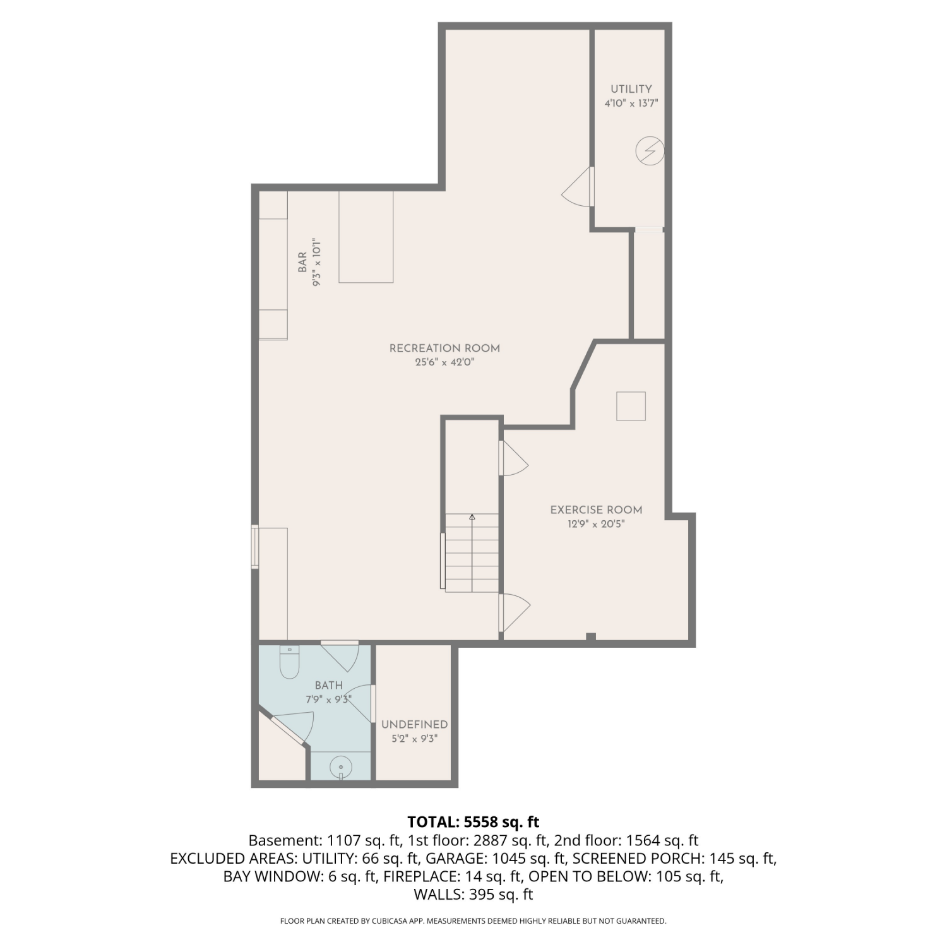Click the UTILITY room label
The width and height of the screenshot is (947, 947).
pyautogui.click(x=631, y=89)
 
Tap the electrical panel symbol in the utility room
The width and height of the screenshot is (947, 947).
pyautogui.click(x=650, y=151)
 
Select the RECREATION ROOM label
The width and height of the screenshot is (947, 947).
pyautogui.click(x=444, y=348)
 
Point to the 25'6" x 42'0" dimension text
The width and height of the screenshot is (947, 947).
pyautogui.click(x=444, y=362)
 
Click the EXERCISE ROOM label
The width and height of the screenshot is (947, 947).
pyautogui.click(x=596, y=510)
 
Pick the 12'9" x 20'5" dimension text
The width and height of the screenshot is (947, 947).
pyautogui.click(x=596, y=524)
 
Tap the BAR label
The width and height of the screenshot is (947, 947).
pyautogui.click(x=302, y=263)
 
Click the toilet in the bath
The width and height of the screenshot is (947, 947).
pyautogui.click(x=289, y=662)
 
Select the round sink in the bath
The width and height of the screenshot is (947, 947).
pyautogui.click(x=341, y=767)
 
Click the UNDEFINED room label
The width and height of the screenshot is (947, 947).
pyautogui.click(x=414, y=725)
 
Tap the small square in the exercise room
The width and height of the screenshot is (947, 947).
pyautogui.click(x=631, y=406)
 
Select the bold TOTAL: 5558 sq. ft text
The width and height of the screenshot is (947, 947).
pyautogui.click(x=473, y=822)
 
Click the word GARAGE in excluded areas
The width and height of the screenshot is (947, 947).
pyautogui.click(x=450, y=859)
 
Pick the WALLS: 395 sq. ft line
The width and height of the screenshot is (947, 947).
pyautogui.click(x=473, y=895)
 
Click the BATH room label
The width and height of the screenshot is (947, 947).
pyautogui.click(x=329, y=686)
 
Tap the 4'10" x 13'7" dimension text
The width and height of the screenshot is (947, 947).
pyautogui.click(x=631, y=104)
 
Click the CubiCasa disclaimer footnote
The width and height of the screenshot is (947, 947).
pyautogui.click(x=473, y=921)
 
